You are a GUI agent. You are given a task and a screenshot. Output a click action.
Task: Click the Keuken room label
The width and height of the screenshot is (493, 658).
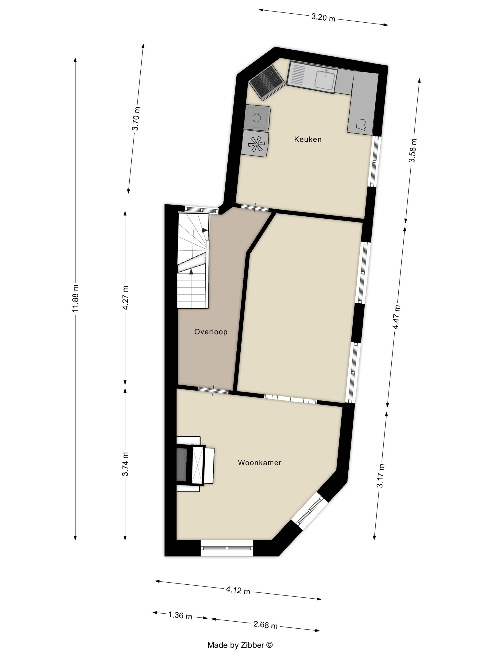308,139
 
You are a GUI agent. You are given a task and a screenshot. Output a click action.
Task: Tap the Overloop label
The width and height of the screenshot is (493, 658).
211,332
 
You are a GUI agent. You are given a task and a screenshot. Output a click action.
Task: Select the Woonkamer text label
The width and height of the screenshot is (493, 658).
259,462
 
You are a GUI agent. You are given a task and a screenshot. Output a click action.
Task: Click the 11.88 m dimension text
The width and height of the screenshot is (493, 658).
76,298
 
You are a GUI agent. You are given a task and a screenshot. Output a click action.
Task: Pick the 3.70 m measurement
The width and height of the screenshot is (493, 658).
136,118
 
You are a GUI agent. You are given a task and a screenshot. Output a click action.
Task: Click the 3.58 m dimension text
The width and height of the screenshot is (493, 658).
413,151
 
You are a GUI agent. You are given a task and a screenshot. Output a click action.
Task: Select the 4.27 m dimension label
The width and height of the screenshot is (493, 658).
125,298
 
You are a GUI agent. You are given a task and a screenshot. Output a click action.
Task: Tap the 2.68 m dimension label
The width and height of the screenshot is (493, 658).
265,625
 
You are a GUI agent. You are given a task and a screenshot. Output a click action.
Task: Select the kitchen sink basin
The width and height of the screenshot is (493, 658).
325,79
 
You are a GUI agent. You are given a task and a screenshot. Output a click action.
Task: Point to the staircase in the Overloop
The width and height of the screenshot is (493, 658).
193,260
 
